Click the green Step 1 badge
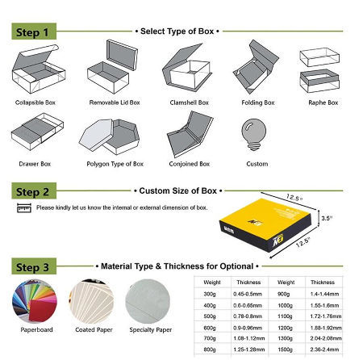tap(35, 32)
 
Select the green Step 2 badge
tap(35, 191)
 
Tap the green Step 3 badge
tap(35, 265)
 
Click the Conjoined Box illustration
tap(186, 135)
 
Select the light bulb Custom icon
tap(256, 134)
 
